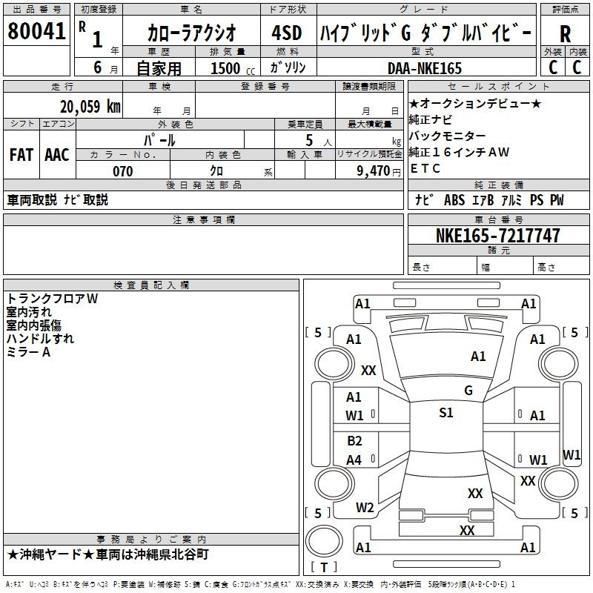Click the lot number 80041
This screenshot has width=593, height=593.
(36, 31)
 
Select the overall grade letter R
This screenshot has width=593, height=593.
(565, 34)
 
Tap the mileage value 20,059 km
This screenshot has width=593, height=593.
(90, 107)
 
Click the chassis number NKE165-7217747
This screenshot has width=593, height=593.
(497, 235)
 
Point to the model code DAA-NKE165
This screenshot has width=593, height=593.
(425, 68)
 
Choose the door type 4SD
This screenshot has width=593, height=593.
(287, 33)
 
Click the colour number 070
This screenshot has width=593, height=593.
(123, 171)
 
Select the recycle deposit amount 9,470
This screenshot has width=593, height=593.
(374, 171)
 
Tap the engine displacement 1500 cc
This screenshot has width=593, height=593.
(233, 68)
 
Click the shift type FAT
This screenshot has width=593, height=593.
(21, 155)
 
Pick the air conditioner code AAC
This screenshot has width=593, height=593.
(57, 155)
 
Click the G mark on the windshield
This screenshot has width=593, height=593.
(468, 391)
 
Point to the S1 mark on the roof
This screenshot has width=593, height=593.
(446, 413)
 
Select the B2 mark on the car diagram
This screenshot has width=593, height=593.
(354, 441)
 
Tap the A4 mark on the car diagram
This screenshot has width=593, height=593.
(354, 460)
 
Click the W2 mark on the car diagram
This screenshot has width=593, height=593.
(365, 508)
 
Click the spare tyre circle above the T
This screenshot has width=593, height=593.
(324, 541)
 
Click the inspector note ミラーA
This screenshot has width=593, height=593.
(28, 352)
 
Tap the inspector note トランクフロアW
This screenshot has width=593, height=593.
(52, 299)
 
